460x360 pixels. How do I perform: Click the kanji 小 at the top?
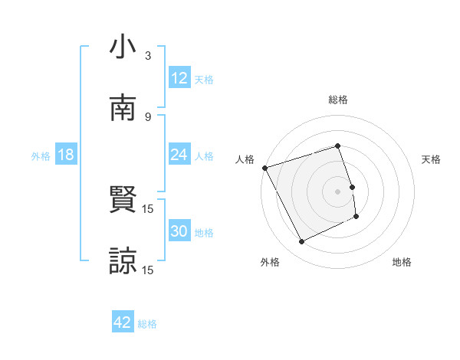[123, 48]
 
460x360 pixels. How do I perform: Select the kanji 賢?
[123, 201]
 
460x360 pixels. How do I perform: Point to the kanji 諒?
[123, 260]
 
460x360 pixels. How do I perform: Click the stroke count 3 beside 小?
[148, 56]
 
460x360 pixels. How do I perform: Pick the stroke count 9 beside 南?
[148, 116]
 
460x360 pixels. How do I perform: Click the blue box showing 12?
[179, 77]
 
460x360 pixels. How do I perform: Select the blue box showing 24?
[179, 155]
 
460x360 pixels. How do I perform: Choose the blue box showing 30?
[179, 231]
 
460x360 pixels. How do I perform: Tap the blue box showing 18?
[66, 155]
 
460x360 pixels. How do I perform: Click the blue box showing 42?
[123, 322]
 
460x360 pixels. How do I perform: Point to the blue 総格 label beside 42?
[147, 324]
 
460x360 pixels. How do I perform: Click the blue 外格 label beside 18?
[41, 156]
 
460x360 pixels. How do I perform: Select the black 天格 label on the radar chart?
[432, 159]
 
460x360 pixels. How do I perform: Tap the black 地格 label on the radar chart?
[402, 262]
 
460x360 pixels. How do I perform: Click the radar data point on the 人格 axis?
[264, 168]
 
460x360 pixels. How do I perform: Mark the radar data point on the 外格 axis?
[301, 242]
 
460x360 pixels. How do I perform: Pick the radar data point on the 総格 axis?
[337, 146]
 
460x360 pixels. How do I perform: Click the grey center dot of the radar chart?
[337, 191]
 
